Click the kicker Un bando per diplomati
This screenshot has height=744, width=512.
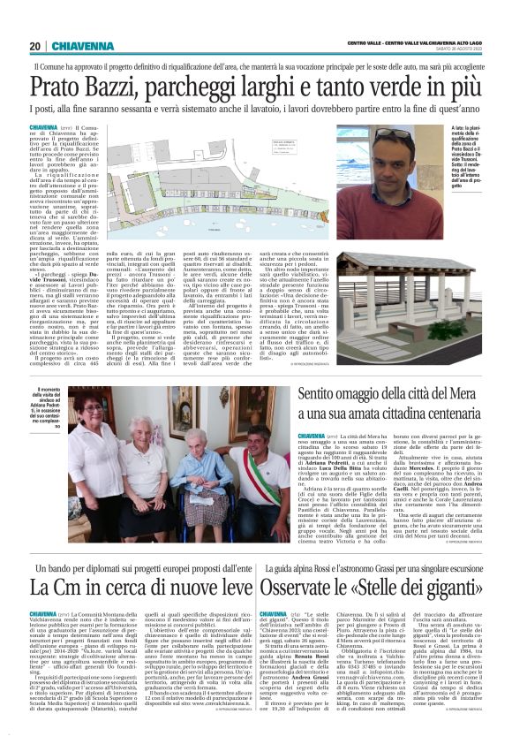(x=132, y=540)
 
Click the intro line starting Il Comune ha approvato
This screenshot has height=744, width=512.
(x=256, y=66)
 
